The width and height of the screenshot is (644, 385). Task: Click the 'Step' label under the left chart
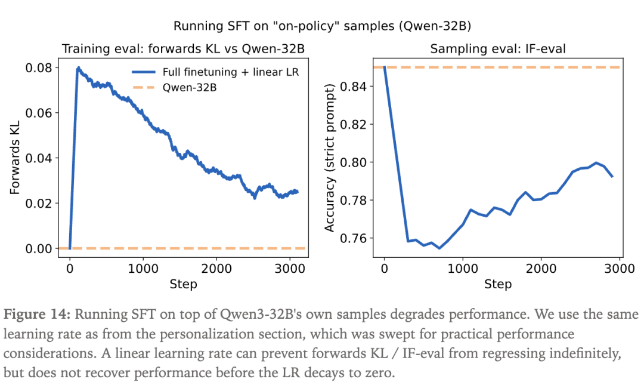(x=183, y=284)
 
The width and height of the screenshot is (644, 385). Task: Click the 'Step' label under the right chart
(x=498, y=284)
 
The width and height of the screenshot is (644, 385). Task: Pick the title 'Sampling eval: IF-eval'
(x=497, y=49)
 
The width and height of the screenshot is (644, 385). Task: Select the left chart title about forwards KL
(x=184, y=49)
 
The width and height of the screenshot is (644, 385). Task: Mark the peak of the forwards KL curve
(x=78, y=68)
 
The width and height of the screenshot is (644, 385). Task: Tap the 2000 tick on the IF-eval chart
(x=541, y=268)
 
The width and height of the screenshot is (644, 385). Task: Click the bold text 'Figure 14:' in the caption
(x=37, y=315)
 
